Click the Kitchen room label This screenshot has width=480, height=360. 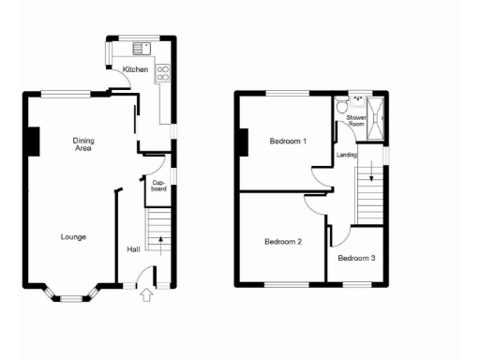pos(135,68)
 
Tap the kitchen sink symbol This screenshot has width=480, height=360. pos(142,48)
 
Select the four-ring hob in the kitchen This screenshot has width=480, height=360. pos(162,69)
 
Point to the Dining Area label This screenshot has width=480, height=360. pos(83,144)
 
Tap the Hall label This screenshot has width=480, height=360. pos(133,249)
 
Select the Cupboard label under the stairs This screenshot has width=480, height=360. pos(158,187)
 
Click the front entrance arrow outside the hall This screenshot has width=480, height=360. pos(146,296)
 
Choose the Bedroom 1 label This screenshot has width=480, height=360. pos(288,142)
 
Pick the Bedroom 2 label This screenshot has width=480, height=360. pos(282,242)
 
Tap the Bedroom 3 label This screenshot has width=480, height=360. pos(356,258)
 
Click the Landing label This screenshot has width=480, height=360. pos(346,154)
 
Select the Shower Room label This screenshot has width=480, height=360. pos(356,121)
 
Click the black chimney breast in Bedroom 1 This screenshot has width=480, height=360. pos(242,142)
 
